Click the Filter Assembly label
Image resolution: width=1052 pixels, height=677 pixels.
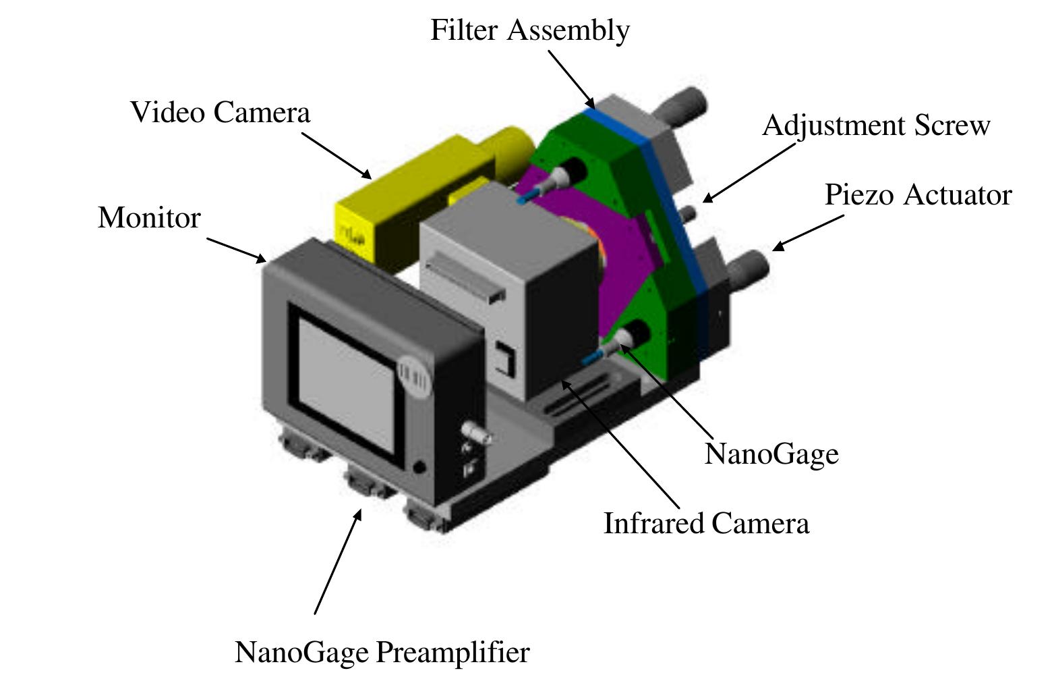coord(530,30)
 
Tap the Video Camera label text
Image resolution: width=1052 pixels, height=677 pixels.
coord(220,112)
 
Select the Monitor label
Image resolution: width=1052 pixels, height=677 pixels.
coord(149,218)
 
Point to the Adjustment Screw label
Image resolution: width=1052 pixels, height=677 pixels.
coord(875,126)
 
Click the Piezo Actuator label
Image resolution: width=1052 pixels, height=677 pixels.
coord(918,195)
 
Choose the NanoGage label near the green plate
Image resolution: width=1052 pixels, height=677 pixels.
coord(771,454)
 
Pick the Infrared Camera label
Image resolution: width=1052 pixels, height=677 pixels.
coord(705,524)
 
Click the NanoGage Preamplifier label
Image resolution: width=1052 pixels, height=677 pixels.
coord(382,653)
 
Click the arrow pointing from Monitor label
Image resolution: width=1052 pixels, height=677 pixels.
coord(236,250)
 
